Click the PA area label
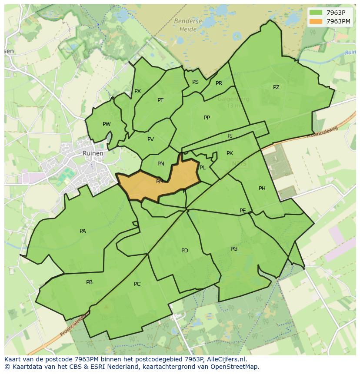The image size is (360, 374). pyautogui.click(x=83, y=231)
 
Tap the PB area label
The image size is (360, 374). pyautogui.click(x=89, y=282)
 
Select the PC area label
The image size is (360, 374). pyautogui.click(x=137, y=284)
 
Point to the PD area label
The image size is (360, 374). pyautogui.click(x=185, y=251)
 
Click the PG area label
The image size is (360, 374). pyautogui.click(x=234, y=249)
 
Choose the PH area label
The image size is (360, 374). pyautogui.click(x=262, y=189)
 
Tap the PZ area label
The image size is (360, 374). pyautogui.click(x=276, y=87)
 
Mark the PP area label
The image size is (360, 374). pyautogui.click(x=207, y=118)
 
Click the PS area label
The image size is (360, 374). pyautogui.click(x=195, y=82)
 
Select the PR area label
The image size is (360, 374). pyautogui.click(x=219, y=83)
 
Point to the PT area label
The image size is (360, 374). pyautogui.click(x=160, y=100)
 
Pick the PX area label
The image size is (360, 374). pyautogui.click(x=137, y=91)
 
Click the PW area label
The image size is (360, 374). pyautogui.click(x=107, y=124)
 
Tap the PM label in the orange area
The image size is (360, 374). pyautogui.click(x=160, y=182)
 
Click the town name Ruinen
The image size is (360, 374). pyautogui.click(x=93, y=153)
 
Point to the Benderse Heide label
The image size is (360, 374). pyautogui.click(x=188, y=25)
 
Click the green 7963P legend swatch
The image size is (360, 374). pyautogui.click(x=316, y=13)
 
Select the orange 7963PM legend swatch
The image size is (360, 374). pyautogui.click(x=316, y=21)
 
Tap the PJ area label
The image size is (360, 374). pyautogui.click(x=230, y=136)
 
